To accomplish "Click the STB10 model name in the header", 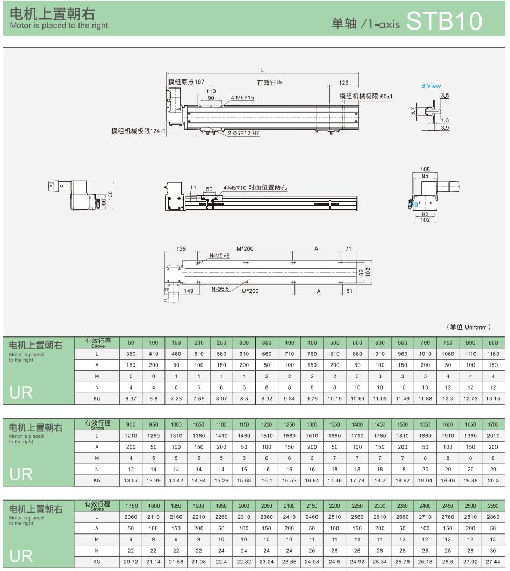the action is coord(444,21).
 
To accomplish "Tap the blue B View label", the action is coord(431,86).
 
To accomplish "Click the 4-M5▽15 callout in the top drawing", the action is coord(242,98).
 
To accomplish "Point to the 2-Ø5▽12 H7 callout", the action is coord(243,133).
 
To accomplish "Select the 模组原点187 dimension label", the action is coord(186,82).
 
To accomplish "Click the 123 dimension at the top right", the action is coord(343,83).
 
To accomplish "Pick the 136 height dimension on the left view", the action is coord(110,195).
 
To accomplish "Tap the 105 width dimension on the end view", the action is coord(425,170).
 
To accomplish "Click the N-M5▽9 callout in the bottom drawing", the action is coord(219,255).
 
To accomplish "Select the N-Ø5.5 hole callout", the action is coord(220,289).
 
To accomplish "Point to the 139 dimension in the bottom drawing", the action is coord(181,248).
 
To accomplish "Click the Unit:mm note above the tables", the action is coord(469,327).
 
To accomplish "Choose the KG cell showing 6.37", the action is coord(131,399).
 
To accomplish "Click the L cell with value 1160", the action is coord(493,354).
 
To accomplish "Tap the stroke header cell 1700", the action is coord(493,424).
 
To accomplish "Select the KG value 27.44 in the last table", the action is coord(493,562).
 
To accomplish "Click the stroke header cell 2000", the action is coord(244,506).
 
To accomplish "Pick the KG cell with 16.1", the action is coord(267,481).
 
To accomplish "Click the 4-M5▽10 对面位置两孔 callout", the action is coord(255,187).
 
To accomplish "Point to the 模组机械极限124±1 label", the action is coord(138,131).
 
